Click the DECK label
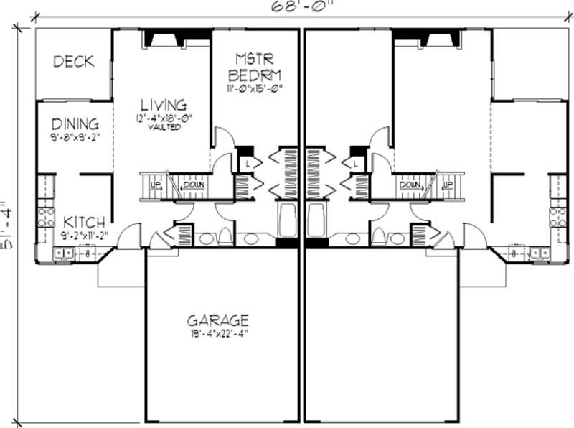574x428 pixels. coord(74,62)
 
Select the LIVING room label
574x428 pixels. coord(164,105)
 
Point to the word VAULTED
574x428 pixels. coord(164,127)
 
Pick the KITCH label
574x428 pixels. coord(84,222)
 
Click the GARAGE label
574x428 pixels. coord(218,320)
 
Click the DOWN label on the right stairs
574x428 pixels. coord(410,185)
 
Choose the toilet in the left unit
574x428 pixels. coord(224,238)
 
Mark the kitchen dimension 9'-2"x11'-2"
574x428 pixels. coord(84,233)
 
